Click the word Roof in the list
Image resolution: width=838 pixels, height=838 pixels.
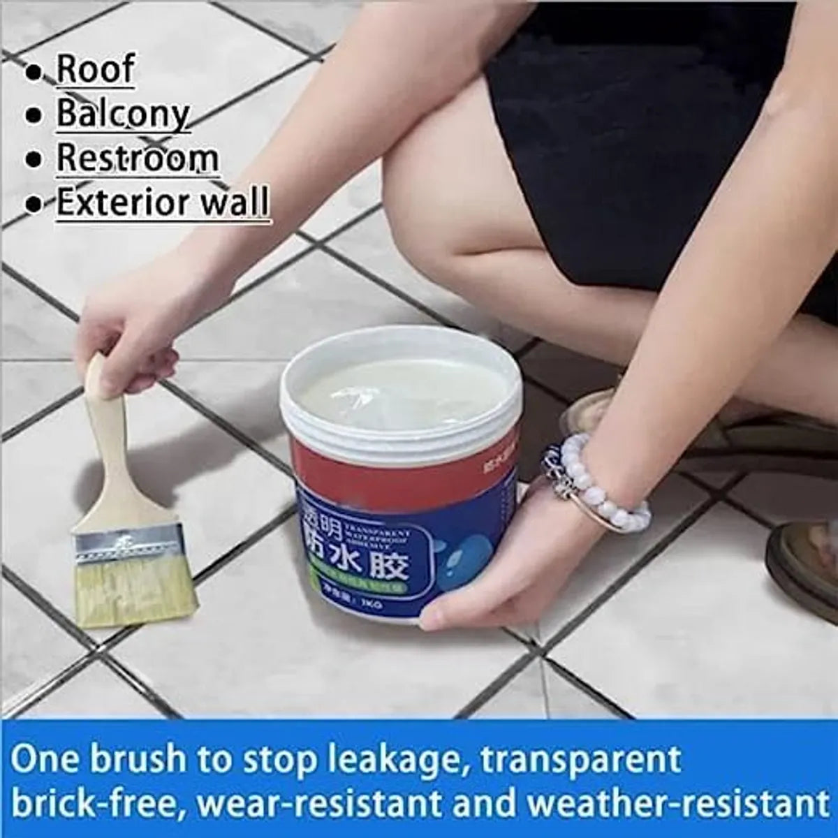point(95,68)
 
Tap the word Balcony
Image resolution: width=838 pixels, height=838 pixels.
point(123,113)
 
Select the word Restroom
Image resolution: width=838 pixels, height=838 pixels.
point(138,158)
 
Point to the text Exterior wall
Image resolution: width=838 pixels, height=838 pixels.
point(162,203)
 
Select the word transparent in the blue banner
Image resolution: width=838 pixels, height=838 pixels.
point(608,759)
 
